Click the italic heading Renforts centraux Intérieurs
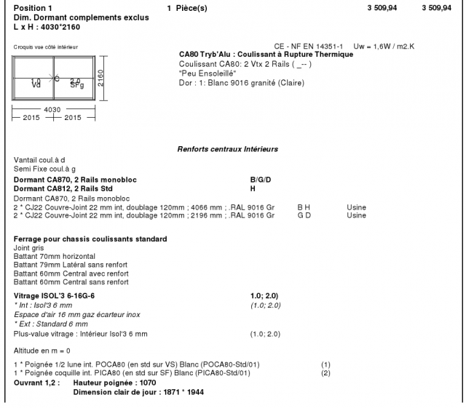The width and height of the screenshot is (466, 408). tap(229, 149)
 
